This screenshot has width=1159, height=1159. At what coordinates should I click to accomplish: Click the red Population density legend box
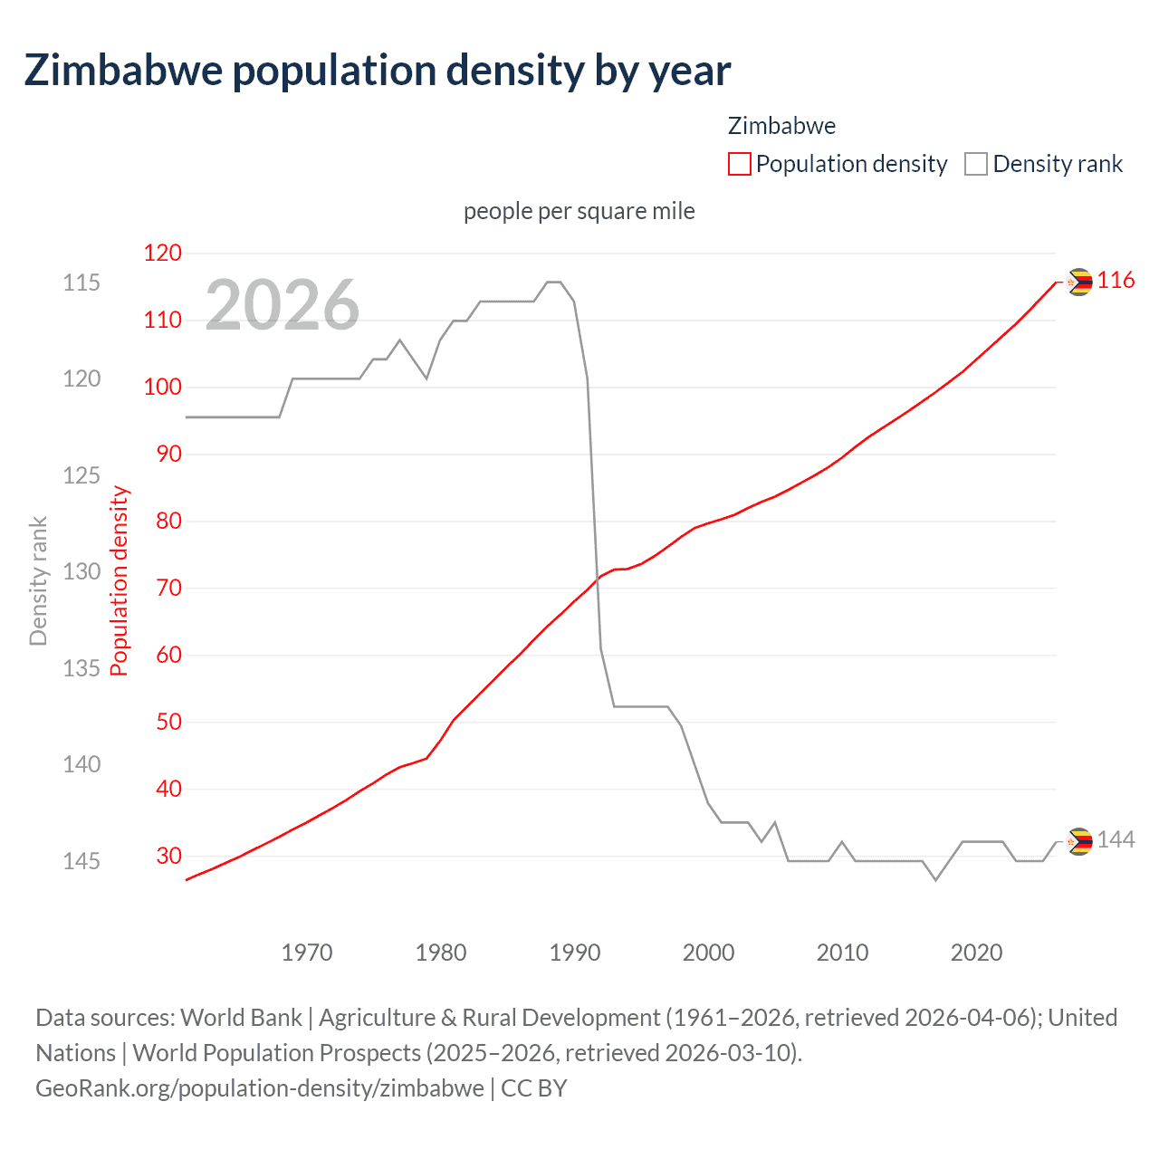tap(740, 164)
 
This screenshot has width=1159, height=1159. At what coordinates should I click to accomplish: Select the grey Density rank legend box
tap(976, 164)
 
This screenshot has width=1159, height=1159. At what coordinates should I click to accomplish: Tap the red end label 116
tap(1116, 281)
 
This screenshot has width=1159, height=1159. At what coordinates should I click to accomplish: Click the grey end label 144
tap(1116, 840)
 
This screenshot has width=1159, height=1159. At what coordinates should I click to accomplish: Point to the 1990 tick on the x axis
tap(575, 953)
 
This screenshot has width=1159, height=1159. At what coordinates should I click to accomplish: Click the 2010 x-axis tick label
tap(842, 953)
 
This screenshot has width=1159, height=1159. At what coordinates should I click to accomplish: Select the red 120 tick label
tap(163, 254)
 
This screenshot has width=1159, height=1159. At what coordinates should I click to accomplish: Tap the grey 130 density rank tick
tap(81, 571)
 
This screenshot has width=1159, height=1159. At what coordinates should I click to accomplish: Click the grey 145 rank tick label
tap(81, 861)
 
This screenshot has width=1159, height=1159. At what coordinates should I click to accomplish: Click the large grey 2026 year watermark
tap(283, 305)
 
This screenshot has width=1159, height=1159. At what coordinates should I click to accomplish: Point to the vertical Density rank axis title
tap(38, 580)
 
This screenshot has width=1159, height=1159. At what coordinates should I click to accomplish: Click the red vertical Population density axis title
tap(120, 580)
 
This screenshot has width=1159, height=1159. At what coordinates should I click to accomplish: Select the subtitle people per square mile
tap(579, 211)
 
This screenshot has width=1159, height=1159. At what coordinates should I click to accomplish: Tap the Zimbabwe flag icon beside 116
tap(1079, 282)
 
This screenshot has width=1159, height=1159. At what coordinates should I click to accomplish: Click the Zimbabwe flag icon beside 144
tap(1079, 841)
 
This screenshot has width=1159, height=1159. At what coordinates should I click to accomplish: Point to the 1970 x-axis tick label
tap(307, 953)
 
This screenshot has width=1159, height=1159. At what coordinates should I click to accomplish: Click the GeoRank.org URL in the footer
tap(259, 1087)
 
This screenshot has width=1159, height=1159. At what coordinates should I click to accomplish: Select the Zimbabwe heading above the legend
tap(781, 126)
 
